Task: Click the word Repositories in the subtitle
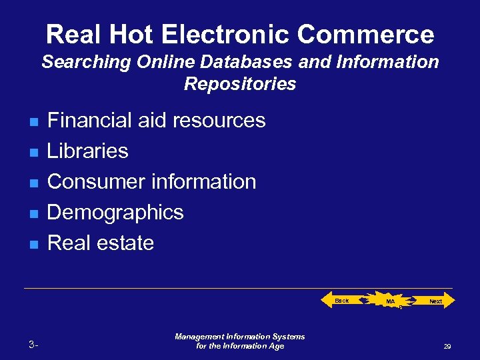pyautogui.click(x=240, y=84)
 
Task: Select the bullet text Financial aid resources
pyautogui.click(x=157, y=121)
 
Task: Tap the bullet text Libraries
pyautogui.click(x=88, y=151)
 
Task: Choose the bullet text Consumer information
pyautogui.click(x=152, y=182)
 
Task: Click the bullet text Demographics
pyautogui.click(x=115, y=213)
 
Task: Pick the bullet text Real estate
pyautogui.click(x=101, y=243)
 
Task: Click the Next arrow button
pyautogui.click(x=435, y=301)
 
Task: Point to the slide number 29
pyautogui.click(x=447, y=347)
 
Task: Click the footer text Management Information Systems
pyautogui.click(x=240, y=337)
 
